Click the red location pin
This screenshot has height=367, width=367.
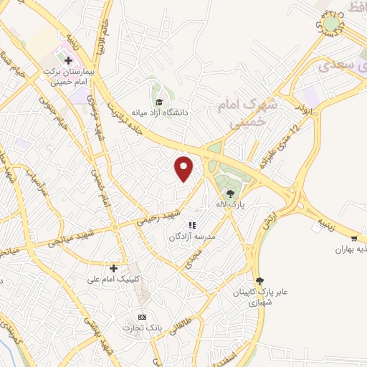185,168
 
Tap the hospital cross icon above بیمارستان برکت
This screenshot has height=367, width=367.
68,59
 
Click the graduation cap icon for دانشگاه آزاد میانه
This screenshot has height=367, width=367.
159,102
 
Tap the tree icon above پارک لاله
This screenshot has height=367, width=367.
230,194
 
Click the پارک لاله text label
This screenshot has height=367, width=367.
232,204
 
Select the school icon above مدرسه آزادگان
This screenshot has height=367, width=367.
192,225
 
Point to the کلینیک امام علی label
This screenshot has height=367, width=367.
113,279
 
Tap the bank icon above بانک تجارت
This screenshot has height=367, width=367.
142,317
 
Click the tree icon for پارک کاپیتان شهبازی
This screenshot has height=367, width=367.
259,282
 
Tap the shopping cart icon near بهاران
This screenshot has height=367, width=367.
355,238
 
